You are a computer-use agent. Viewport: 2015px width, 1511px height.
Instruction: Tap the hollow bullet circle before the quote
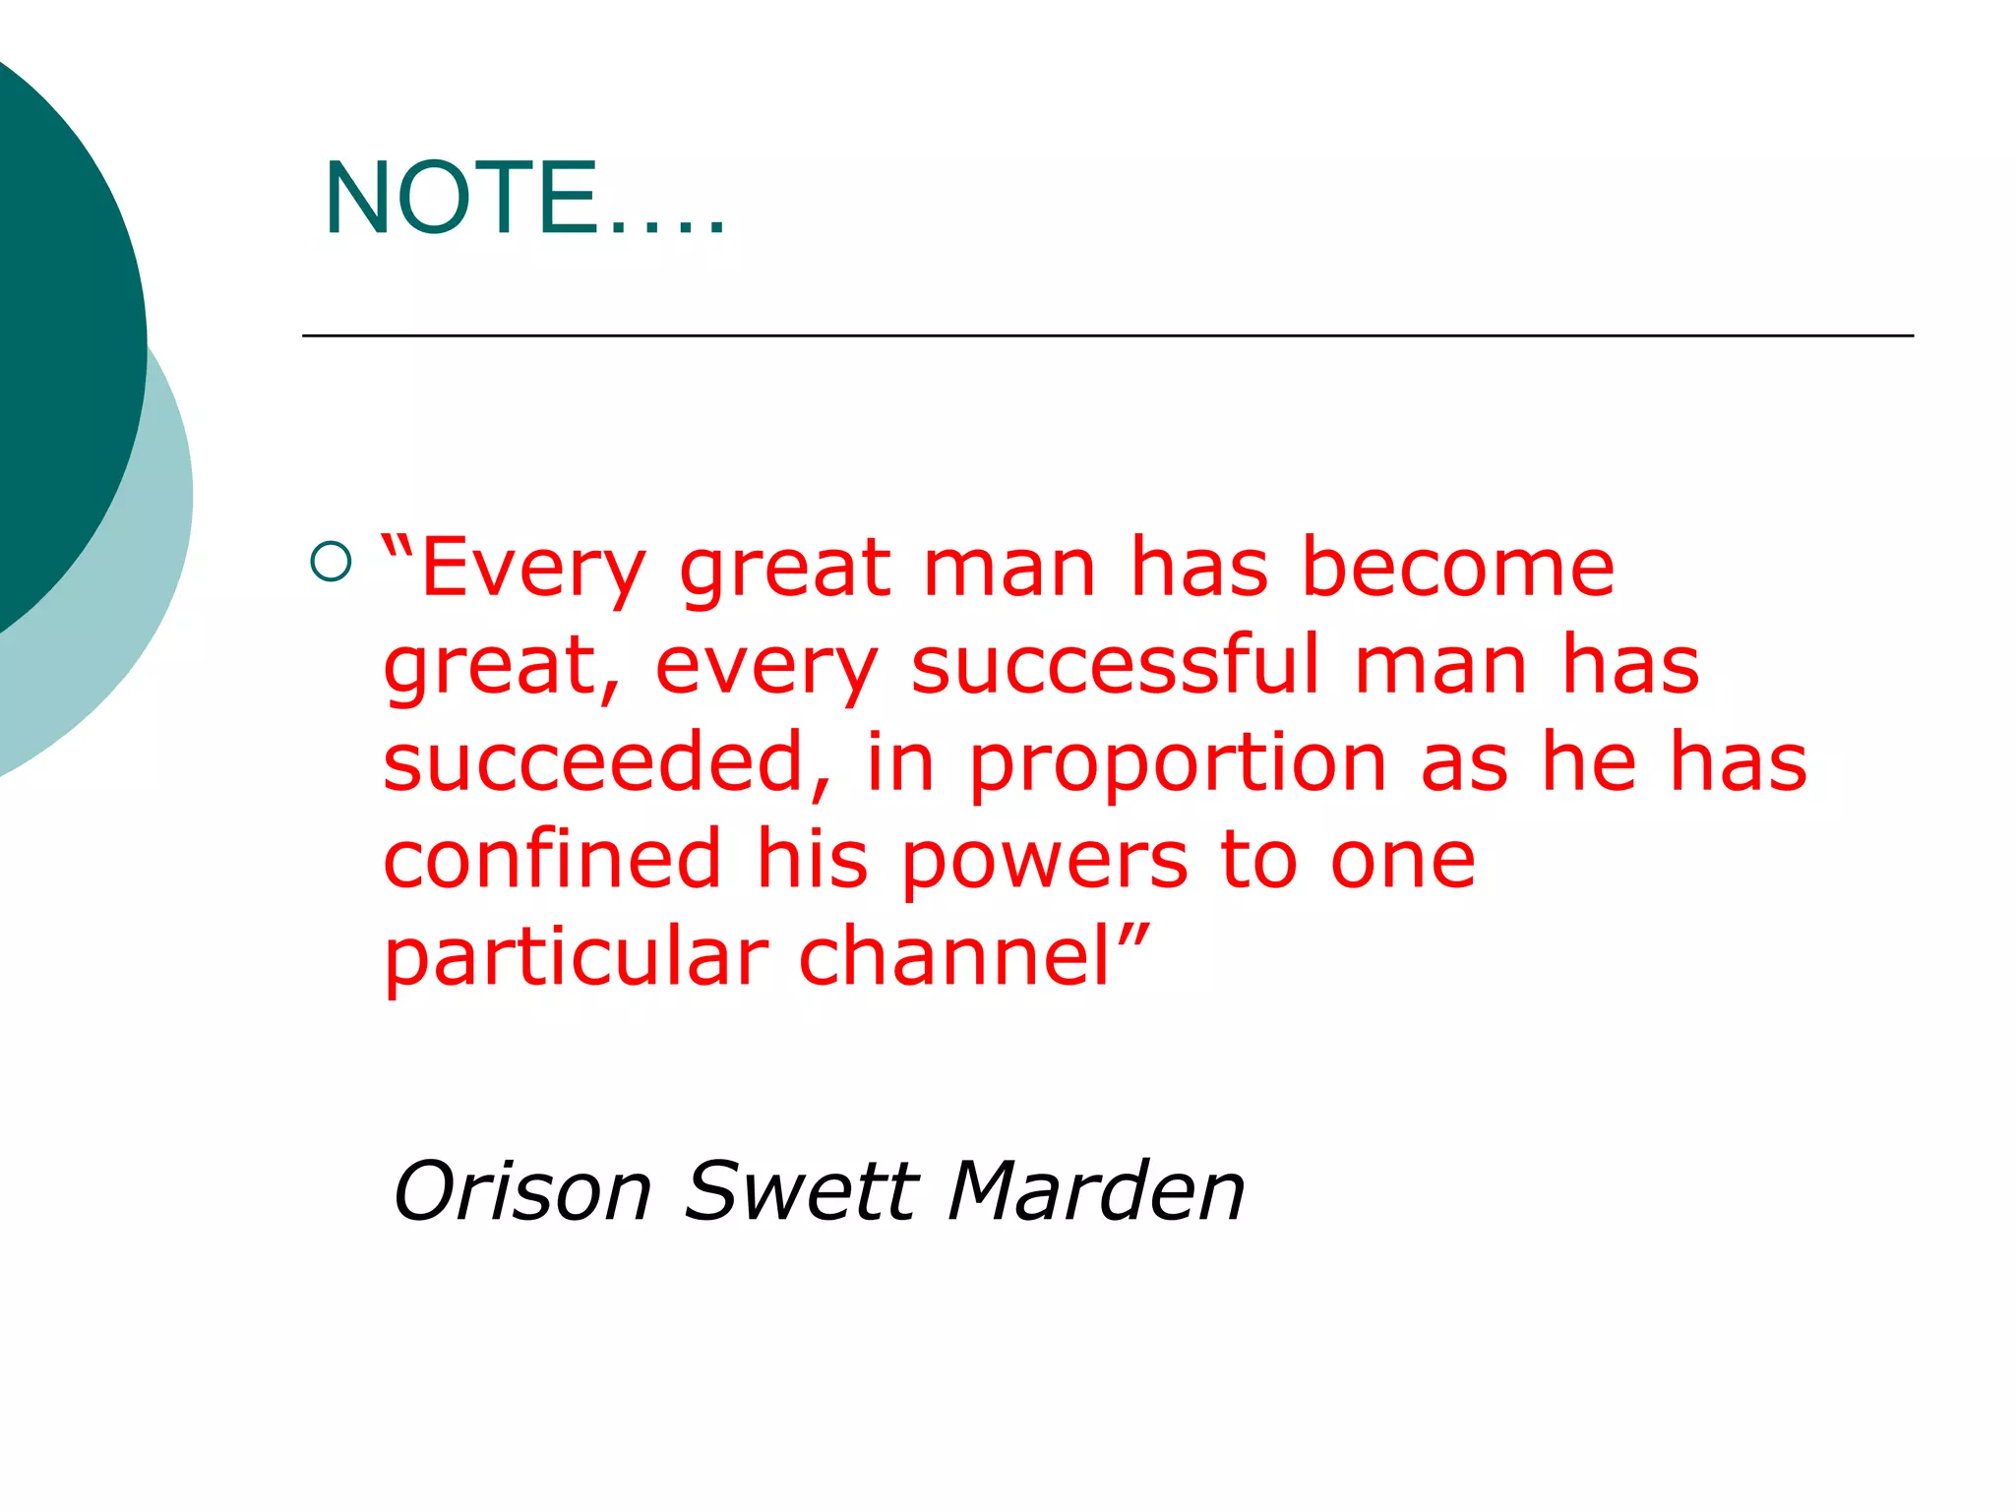pyautogui.click(x=331, y=562)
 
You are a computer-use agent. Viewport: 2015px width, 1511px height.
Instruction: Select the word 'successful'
pyautogui.click(x=1116, y=665)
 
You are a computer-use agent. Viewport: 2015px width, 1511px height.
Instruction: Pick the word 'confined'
pyautogui.click(x=552, y=859)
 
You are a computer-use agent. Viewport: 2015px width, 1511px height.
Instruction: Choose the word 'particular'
pyautogui.click(x=576, y=958)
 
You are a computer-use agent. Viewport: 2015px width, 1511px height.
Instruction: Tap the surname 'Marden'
pyautogui.click(x=1096, y=1191)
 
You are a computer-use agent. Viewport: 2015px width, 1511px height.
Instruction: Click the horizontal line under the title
pyautogui.click(x=1107, y=335)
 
